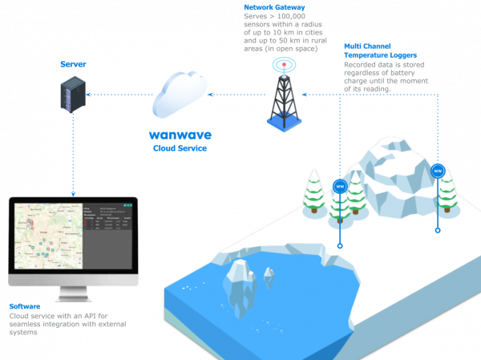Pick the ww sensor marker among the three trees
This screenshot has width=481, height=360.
(339, 186)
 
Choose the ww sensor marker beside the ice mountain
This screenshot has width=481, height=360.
(438, 170)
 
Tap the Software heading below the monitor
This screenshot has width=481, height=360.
(24, 306)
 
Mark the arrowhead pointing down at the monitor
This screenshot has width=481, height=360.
(73, 192)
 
